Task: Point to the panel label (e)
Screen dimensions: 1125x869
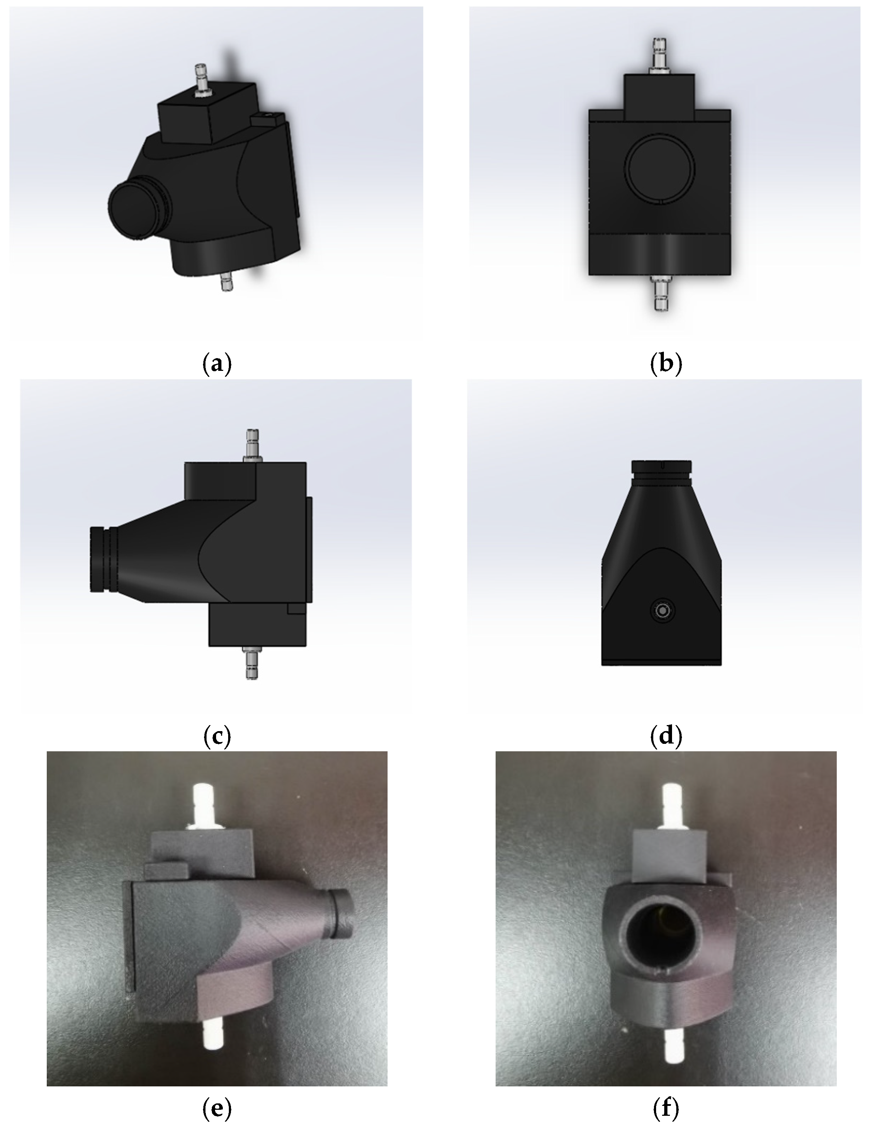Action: click(217, 1108)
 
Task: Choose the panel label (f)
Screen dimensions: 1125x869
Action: click(666, 1108)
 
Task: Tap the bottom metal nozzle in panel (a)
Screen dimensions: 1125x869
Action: click(226, 281)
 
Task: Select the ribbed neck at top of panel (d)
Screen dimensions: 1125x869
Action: click(662, 473)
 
